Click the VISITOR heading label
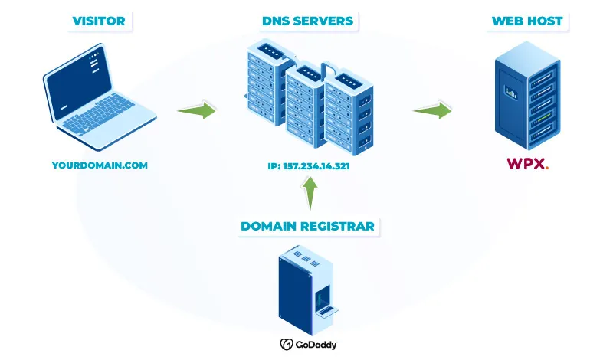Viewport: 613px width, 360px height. tap(99, 21)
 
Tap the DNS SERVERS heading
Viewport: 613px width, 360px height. tap(307, 21)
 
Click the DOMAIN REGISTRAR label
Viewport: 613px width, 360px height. tap(307, 226)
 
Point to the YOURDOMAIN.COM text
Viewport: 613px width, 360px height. tap(100, 165)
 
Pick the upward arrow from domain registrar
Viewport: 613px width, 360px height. tap(309, 193)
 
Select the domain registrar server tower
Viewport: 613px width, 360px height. tap(306, 287)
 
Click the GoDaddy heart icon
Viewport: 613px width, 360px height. tap(286, 345)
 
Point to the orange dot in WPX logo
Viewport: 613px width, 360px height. tap(546, 168)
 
